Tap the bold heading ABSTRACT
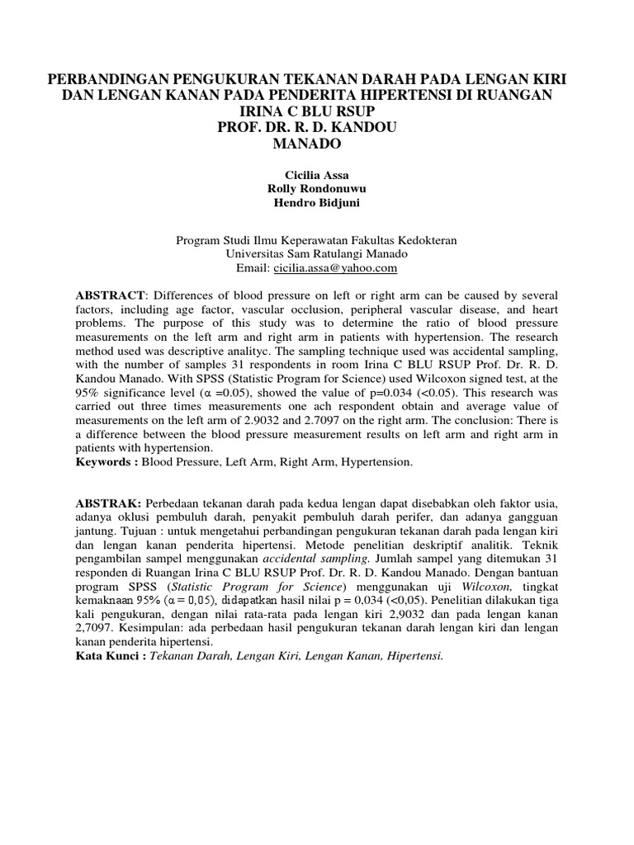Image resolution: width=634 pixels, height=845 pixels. (110, 295)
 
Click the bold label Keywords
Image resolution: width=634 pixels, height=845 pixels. (105, 462)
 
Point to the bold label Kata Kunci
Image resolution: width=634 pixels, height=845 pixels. (106, 657)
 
